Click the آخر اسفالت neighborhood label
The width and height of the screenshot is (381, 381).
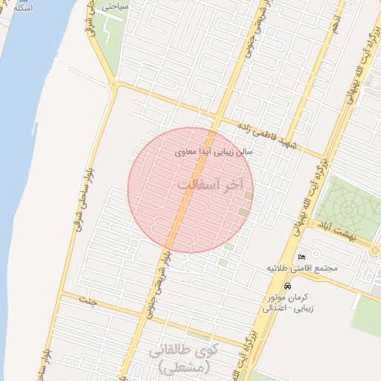click(x=212, y=184)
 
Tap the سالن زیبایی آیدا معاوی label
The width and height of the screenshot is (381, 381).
click(x=214, y=151)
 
